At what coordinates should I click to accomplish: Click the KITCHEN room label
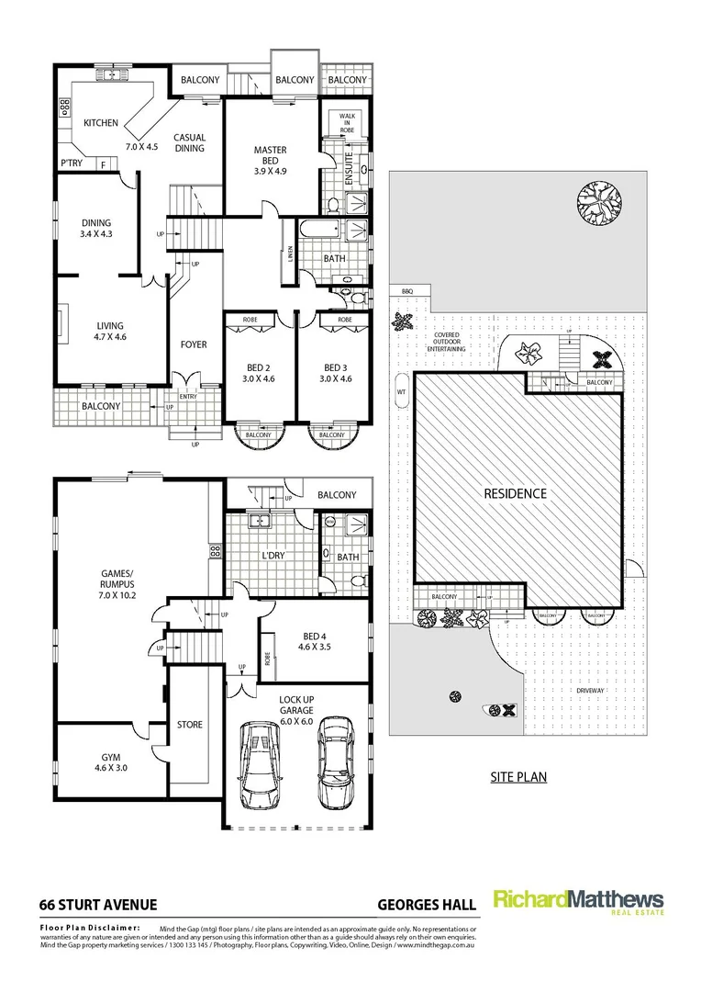coord(101,122)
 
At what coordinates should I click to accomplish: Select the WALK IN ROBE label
coord(347,122)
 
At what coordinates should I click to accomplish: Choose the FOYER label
coord(193,344)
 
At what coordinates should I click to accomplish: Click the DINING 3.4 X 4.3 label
coord(95,228)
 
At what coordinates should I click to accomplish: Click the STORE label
coord(189,725)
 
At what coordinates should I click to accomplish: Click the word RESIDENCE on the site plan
coord(515,493)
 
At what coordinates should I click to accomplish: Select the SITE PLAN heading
coord(517,777)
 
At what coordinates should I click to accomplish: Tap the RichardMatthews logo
coord(578,900)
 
